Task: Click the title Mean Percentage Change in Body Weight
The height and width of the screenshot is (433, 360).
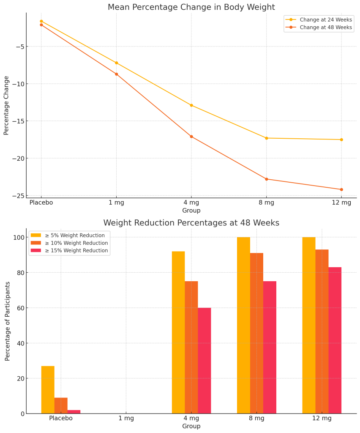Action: tap(191, 7)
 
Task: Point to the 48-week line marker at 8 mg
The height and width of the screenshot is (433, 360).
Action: tap(266, 179)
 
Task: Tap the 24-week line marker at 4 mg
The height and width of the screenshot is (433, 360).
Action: tap(191, 105)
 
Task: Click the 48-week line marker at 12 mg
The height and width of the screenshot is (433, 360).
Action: tap(341, 189)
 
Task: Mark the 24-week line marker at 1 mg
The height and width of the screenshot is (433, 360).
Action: tap(116, 63)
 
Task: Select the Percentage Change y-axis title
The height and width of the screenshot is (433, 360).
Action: tap(6, 105)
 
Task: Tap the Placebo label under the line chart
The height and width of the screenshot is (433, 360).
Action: tap(41, 203)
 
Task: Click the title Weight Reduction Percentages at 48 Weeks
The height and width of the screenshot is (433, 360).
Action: tap(191, 223)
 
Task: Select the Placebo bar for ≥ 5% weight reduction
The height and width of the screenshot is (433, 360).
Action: tap(48, 389)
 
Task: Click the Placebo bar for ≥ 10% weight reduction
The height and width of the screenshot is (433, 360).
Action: tap(61, 406)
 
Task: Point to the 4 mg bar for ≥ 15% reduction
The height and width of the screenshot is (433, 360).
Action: tap(205, 361)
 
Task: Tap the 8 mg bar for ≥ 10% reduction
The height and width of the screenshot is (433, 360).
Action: tap(256, 333)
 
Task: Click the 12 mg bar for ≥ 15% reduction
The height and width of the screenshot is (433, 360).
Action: tap(335, 340)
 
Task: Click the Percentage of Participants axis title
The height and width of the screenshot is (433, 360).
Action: tap(8, 321)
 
